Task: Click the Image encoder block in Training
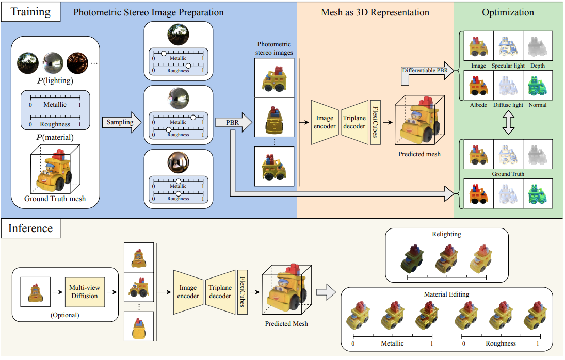click(x=325, y=123)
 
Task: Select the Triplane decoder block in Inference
click(x=220, y=291)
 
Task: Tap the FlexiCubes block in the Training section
click(x=375, y=123)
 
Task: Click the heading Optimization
click(x=508, y=12)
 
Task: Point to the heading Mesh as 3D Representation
click(x=375, y=12)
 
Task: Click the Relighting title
click(x=447, y=235)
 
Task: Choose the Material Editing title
click(x=447, y=294)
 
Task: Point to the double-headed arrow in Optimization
click(x=508, y=123)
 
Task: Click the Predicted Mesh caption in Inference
click(x=286, y=323)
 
